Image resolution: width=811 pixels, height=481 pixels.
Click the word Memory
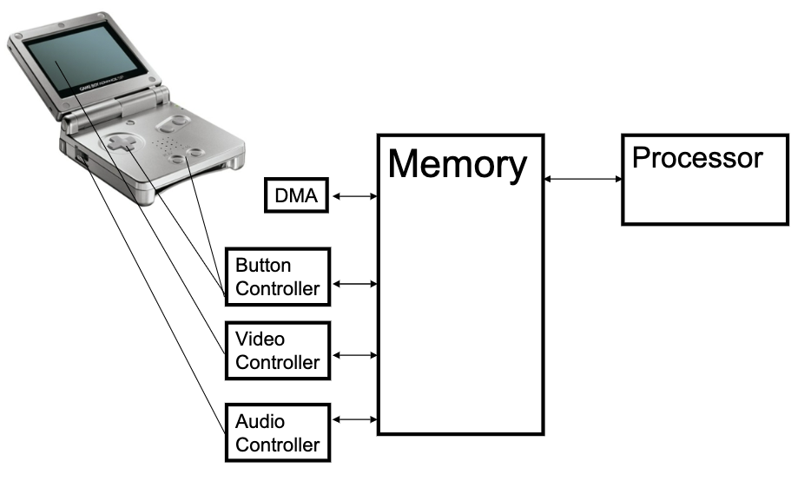[x=457, y=164]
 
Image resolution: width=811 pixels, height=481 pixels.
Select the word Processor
[x=697, y=158]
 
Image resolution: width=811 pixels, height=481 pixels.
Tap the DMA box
[x=297, y=197]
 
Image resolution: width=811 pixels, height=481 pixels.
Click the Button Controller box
[x=277, y=277]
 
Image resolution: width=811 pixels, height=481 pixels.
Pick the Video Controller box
[x=277, y=350]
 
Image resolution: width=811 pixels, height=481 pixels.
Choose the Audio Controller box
[x=277, y=432]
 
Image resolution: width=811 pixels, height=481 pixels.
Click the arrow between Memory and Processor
[x=583, y=180]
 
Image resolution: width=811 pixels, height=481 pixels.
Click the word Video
[x=260, y=339]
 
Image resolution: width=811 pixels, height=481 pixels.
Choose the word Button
[x=263, y=266]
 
